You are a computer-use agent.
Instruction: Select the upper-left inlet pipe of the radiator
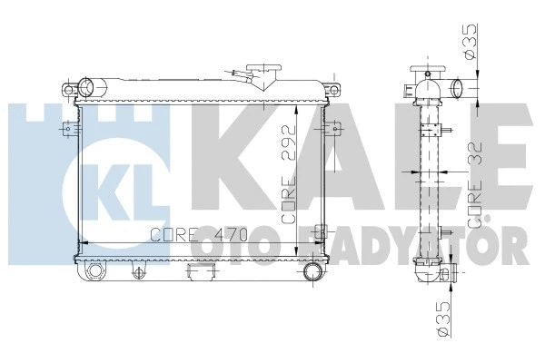88,88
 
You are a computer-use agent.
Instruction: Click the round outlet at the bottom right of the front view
314,272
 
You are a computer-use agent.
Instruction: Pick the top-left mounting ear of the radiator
69,89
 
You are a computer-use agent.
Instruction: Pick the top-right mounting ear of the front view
334,89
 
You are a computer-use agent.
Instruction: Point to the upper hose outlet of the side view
457,89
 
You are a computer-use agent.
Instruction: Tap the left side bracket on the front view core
65,132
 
